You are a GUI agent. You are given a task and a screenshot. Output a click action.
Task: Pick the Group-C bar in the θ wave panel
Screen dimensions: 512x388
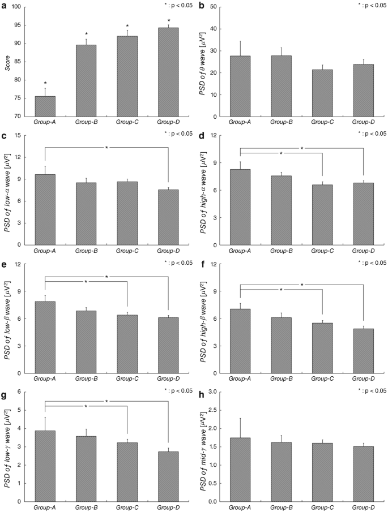322,93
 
